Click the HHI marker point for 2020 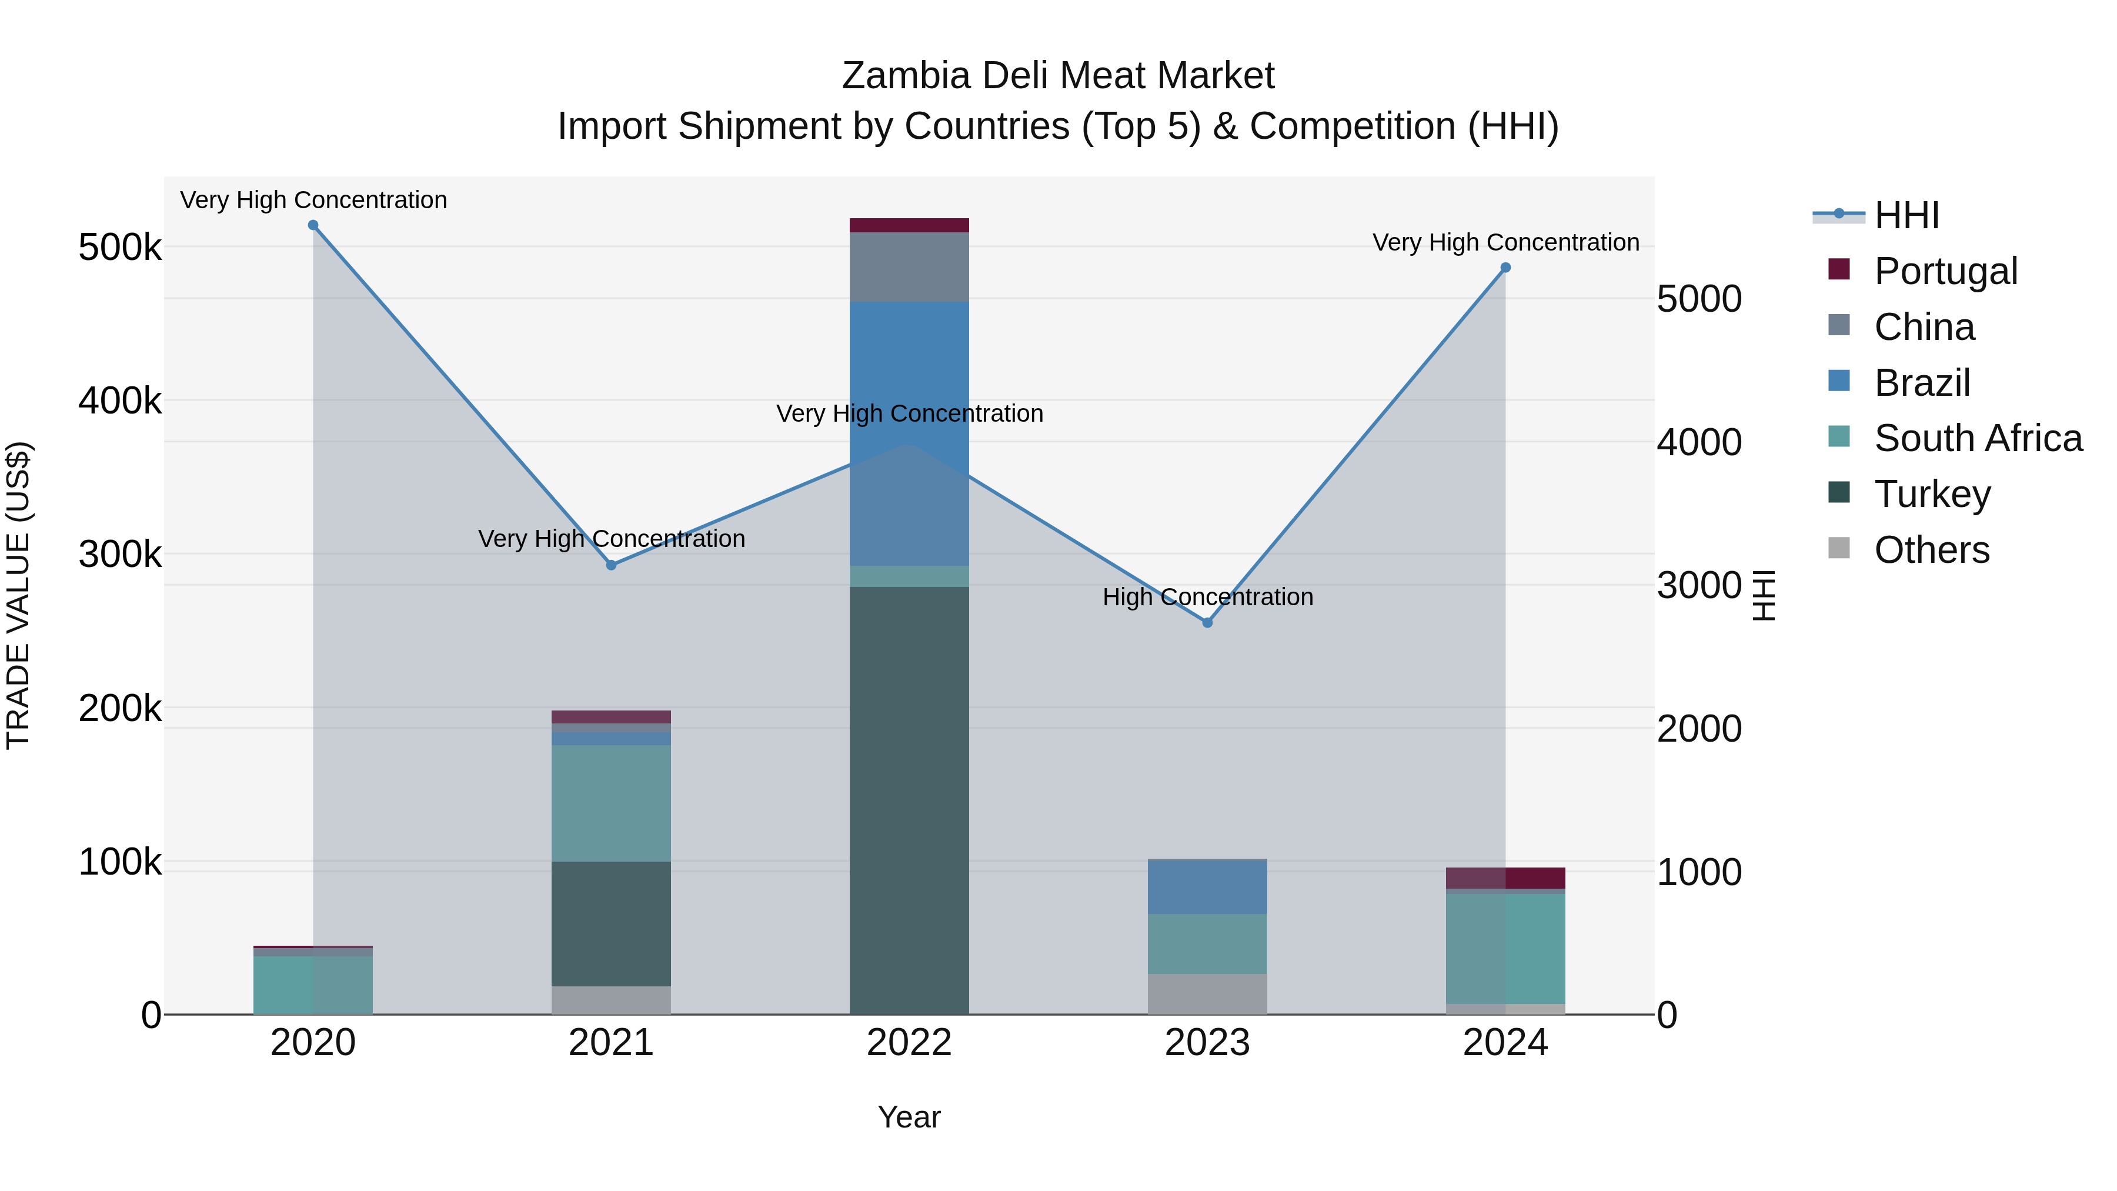(x=313, y=225)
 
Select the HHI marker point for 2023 (x=1207, y=623)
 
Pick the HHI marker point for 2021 (x=612, y=565)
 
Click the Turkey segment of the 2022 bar (x=909, y=798)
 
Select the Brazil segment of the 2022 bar (x=909, y=370)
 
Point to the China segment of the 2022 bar (x=909, y=267)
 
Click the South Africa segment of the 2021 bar (x=612, y=803)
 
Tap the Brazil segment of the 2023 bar (x=1207, y=887)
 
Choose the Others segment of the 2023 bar (x=1207, y=994)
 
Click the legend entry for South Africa (x=1976, y=438)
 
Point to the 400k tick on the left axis (x=120, y=401)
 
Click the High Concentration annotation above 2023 (x=1207, y=597)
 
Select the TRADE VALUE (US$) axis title (x=19, y=595)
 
